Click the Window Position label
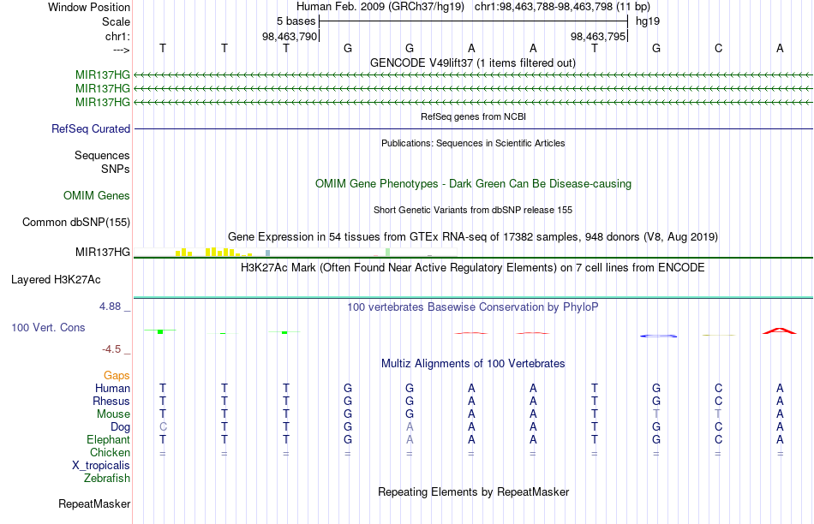89,7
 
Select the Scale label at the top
116,21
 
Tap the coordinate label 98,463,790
289,36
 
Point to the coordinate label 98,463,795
597,36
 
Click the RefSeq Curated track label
91,128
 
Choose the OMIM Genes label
97,195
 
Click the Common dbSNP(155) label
75,222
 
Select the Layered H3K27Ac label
56,280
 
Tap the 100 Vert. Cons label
48,327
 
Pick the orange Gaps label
117,375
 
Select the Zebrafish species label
107,478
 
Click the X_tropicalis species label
101,465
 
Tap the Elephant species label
108,439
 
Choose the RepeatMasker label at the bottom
94,503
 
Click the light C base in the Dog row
163,426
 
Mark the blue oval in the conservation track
659,336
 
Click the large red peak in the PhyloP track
779,330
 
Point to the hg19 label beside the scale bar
648,21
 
